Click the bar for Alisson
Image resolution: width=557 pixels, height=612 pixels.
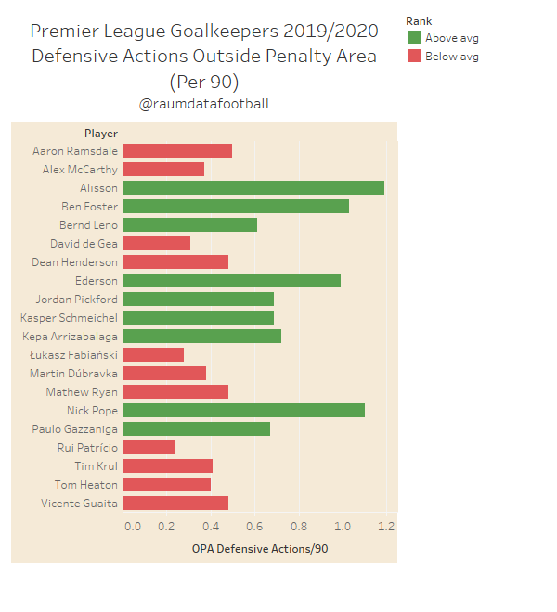tap(253, 187)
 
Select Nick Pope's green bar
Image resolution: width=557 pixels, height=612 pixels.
tap(243, 410)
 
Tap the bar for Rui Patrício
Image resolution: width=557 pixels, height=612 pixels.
tap(149, 447)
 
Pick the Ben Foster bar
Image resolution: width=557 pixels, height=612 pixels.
tap(236, 206)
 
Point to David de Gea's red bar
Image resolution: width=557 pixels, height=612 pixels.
tap(157, 243)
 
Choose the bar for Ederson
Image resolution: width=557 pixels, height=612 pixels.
tap(232, 280)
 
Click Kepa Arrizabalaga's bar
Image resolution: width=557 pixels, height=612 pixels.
tap(202, 336)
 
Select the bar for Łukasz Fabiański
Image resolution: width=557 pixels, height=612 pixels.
tap(153, 354)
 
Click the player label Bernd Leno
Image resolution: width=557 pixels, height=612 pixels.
tap(89, 224)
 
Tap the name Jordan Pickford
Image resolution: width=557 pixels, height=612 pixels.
tap(76, 299)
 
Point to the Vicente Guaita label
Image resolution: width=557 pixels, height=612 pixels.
tap(79, 503)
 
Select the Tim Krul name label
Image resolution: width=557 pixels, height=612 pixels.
tap(97, 465)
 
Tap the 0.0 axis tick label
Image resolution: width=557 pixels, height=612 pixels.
tap(133, 527)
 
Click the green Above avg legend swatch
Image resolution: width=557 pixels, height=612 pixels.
tap(414, 38)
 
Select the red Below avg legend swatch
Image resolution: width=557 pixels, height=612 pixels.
tap(414, 57)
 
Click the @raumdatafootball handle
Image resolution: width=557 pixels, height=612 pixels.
tap(204, 104)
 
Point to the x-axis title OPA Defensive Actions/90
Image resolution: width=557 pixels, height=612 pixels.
tap(260, 549)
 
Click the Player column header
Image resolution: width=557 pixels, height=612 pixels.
tap(101, 134)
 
